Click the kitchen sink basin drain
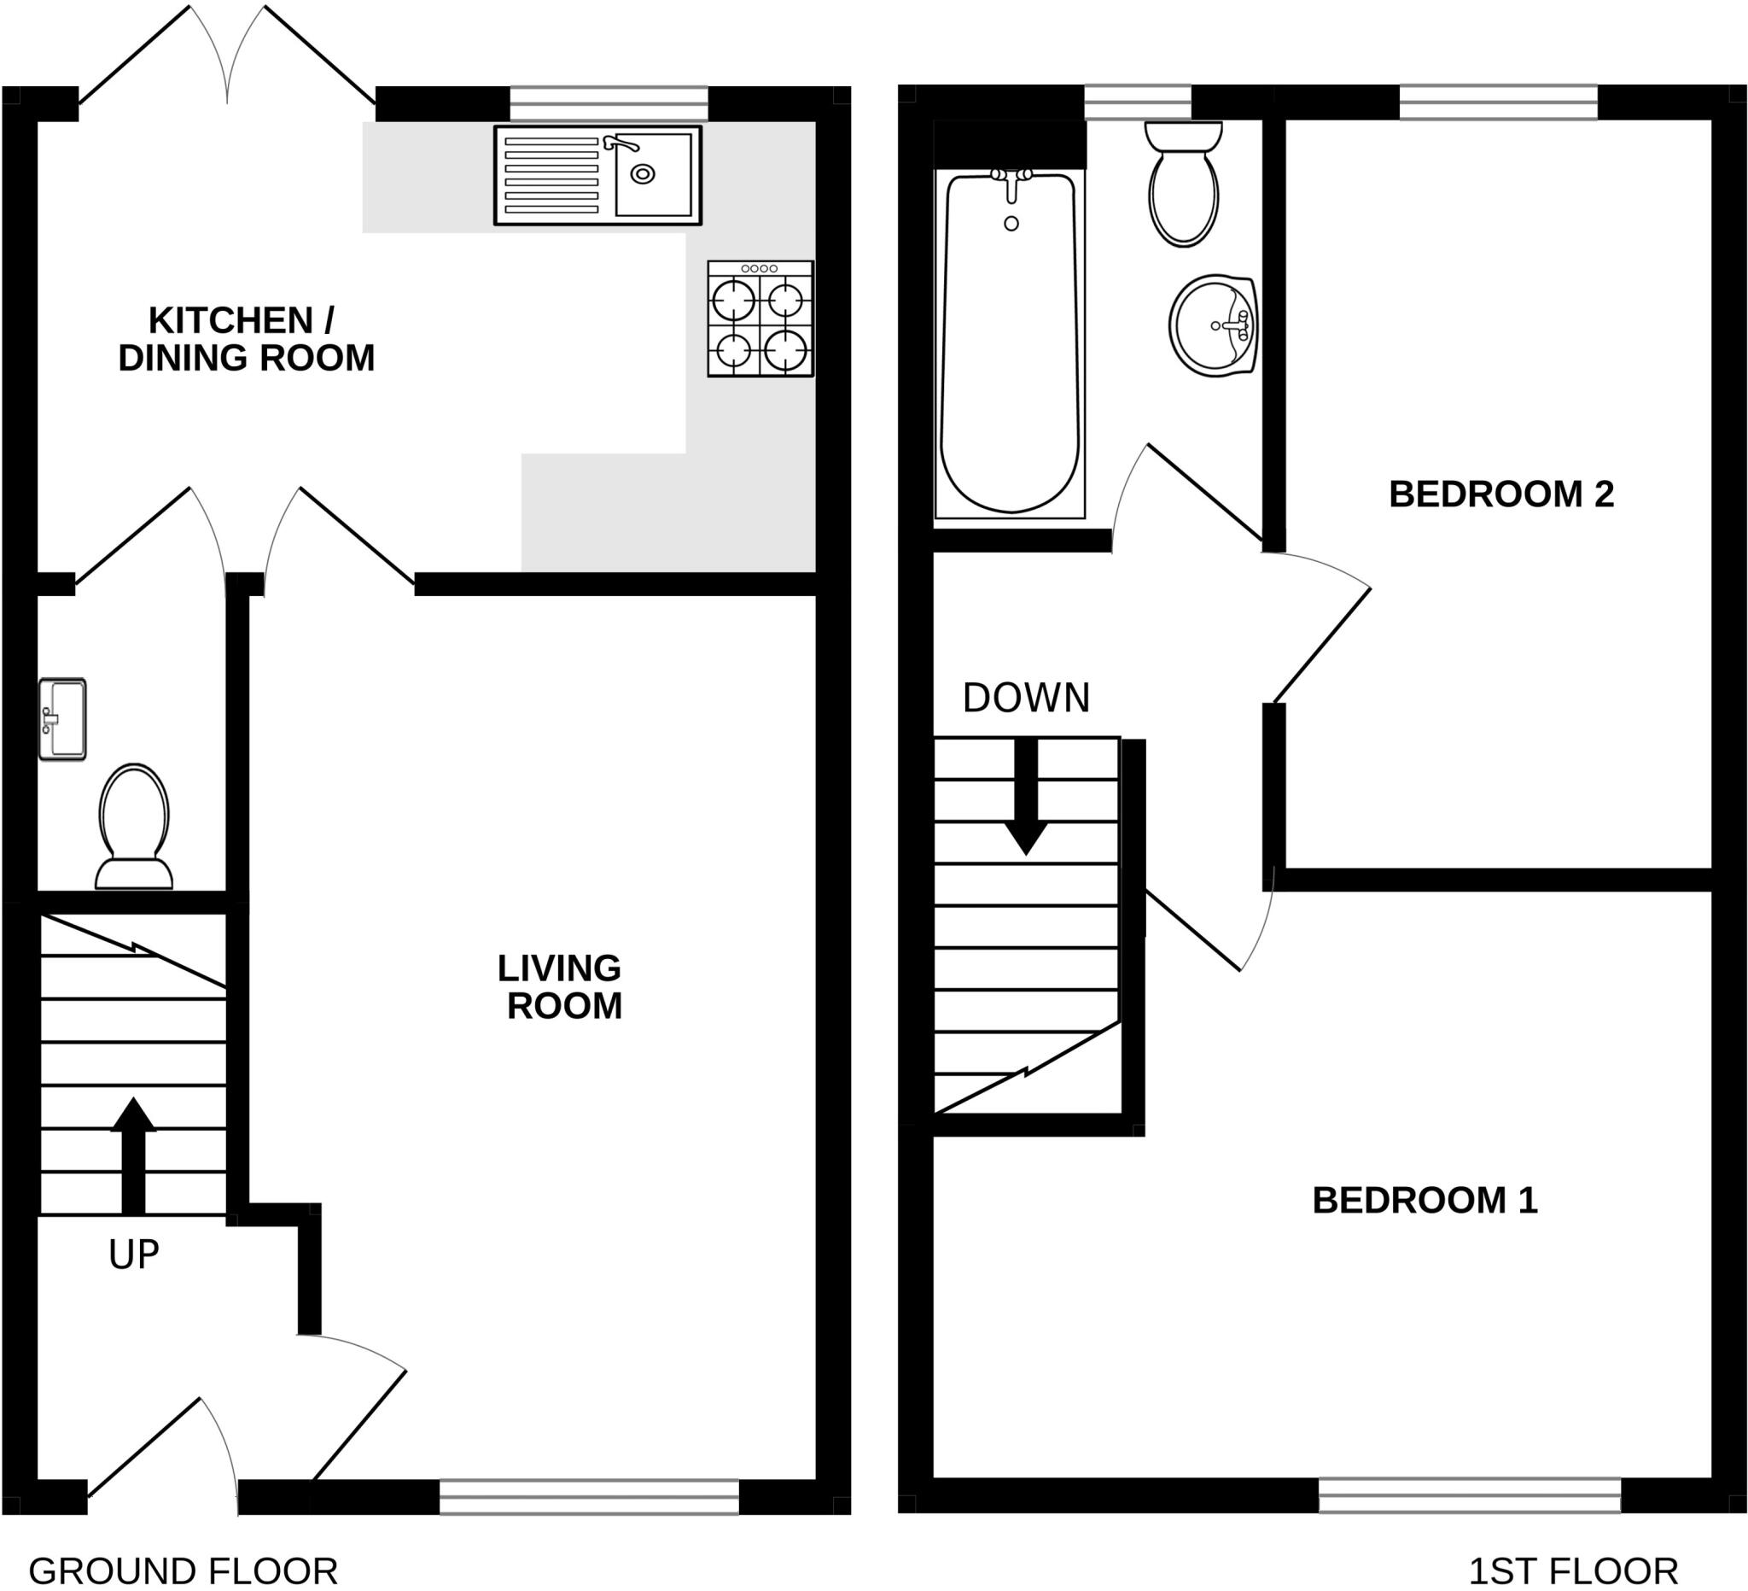click(x=643, y=174)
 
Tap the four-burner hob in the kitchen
click(x=760, y=319)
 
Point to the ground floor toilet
click(x=133, y=827)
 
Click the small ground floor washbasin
click(x=62, y=719)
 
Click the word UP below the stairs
click(x=133, y=1255)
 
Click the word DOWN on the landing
click(x=1026, y=698)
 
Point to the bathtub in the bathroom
click(x=1010, y=343)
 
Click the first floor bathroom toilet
click(x=1184, y=184)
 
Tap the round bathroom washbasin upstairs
click(x=1213, y=325)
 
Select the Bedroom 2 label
click(x=1500, y=494)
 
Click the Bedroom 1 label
click(x=1425, y=1201)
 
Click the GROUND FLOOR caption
click(x=183, y=1571)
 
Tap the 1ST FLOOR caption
click(x=1573, y=1571)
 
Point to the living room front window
click(x=589, y=1496)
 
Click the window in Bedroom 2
click(x=1498, y=102)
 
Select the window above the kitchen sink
click(x=609, y=103)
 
